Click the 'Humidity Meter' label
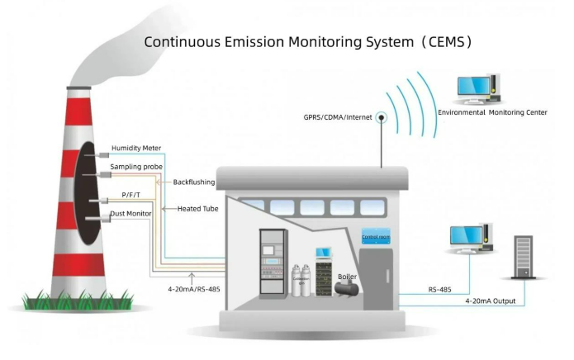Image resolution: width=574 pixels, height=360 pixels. (136, 148)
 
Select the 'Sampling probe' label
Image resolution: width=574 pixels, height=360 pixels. (136, 167)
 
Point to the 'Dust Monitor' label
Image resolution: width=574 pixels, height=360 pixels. (130, 215)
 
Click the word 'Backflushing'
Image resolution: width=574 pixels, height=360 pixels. (194, 182)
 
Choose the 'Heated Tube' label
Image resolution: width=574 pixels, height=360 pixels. (197, 209)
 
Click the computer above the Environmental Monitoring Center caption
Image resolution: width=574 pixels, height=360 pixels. (479, 88)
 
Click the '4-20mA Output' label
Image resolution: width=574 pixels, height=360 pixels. (491, 301)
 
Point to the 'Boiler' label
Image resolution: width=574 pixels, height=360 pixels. (348, 277)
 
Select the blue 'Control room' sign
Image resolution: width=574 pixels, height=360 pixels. (376, 237)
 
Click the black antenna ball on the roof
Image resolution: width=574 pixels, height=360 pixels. (382, 117)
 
